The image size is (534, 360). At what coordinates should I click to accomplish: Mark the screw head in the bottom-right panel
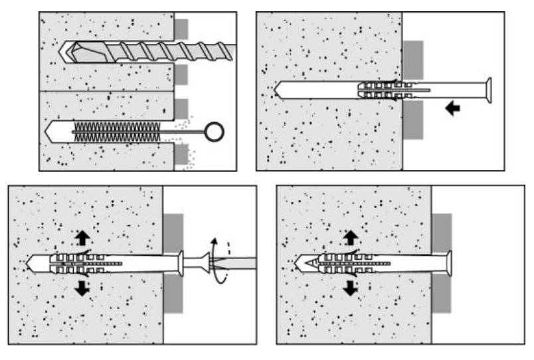click(x=449, y=263)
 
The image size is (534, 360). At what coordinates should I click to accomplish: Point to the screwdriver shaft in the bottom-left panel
click(x=239, y=263)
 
